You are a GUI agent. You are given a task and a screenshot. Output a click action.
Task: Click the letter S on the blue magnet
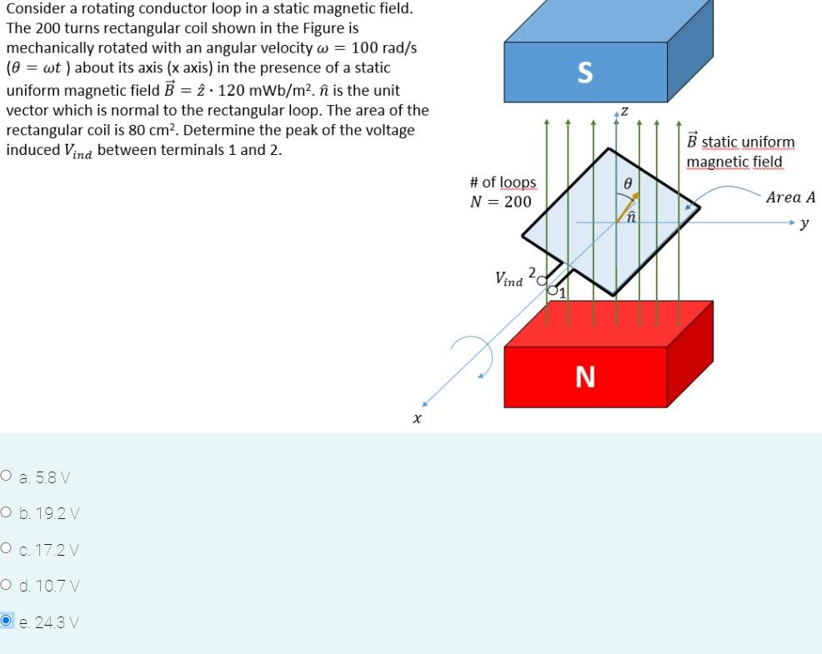point(584,73)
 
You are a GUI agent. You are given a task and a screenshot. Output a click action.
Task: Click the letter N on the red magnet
point(585,377)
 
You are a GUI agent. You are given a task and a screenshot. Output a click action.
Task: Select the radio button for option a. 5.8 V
point(7,476)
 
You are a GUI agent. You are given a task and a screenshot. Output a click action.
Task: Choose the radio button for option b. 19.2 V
point(7,512)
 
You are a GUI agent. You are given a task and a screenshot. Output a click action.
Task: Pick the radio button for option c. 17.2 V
point(7,548)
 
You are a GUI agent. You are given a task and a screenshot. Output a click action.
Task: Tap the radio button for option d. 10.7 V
point(7,584)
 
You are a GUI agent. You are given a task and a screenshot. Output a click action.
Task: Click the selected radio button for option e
point(7,621)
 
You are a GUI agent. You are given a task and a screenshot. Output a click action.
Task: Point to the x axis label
point(417,418)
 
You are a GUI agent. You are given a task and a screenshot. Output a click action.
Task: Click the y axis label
point(804,223)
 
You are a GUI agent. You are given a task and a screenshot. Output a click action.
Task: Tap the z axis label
point(624,112)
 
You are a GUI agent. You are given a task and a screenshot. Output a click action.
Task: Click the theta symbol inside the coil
point(628,182)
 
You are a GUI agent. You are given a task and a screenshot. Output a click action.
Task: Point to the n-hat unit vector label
point(631,216)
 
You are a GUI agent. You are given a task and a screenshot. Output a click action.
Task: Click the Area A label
point(789,197)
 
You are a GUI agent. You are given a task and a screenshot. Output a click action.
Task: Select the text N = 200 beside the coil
point(500,202)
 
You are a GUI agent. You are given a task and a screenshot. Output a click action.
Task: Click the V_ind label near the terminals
point(509,278)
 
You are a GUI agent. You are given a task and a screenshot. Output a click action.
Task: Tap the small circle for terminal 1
point(553,289)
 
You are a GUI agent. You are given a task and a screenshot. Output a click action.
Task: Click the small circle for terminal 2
point(542,281)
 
